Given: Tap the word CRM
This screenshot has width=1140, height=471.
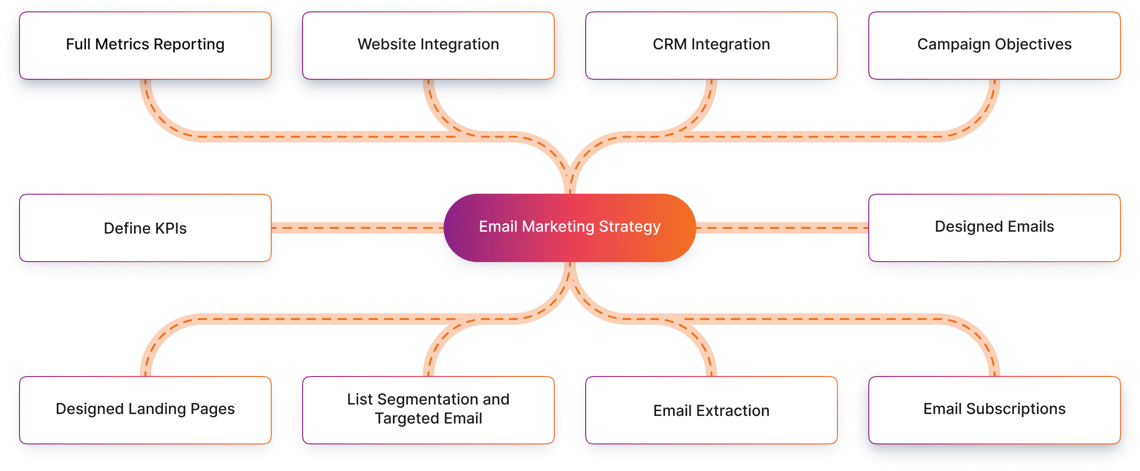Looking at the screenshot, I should click(670, 44).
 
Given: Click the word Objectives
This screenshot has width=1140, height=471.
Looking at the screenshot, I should click(1034, 44).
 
